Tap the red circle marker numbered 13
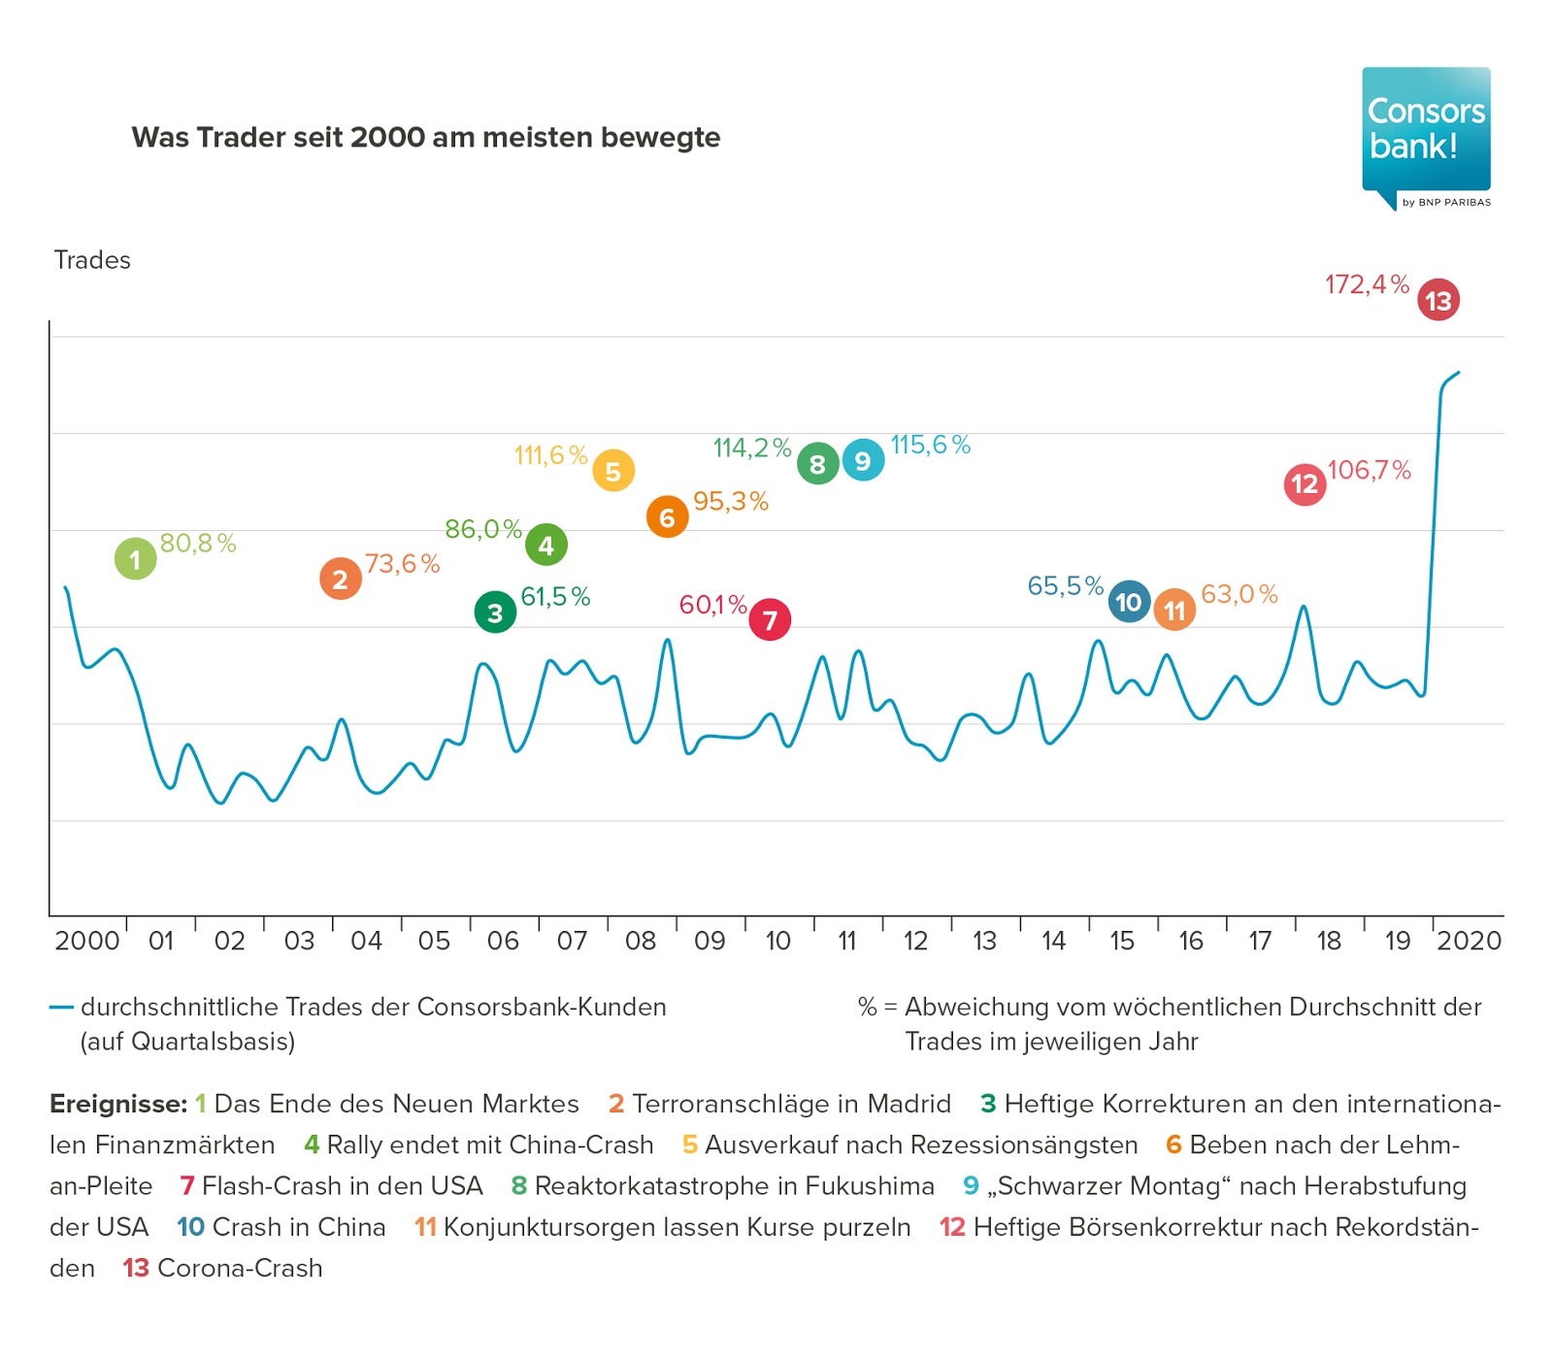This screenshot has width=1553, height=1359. [x=1437, y=300]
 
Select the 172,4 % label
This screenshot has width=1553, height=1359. [x=1367, y=284]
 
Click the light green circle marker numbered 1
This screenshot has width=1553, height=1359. [x=135, y=559]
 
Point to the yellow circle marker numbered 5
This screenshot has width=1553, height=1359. [x=613, y=472]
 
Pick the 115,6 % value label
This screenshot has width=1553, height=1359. [x=930, y=446]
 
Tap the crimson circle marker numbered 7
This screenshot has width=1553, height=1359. [x=770, y=619]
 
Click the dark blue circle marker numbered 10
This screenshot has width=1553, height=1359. [x=1129, y=602]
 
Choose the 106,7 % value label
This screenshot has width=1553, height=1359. [x=1369, y=471]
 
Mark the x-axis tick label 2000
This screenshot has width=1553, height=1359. [x=87, y=941]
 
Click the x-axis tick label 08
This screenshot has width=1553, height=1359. [x=641, y=941]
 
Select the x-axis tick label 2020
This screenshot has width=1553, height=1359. [x=1469, y=941]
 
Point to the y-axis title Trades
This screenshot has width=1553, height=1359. [x=92, y=260]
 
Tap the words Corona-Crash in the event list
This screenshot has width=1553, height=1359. [x=240, y=1268]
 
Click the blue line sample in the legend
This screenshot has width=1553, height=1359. [x=61, y=1008]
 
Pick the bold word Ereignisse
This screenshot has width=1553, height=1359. [x=117, y=1104]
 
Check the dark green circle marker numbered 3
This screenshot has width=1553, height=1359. [x=495, y=613]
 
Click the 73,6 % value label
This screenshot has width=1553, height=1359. [x=402, y=564]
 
